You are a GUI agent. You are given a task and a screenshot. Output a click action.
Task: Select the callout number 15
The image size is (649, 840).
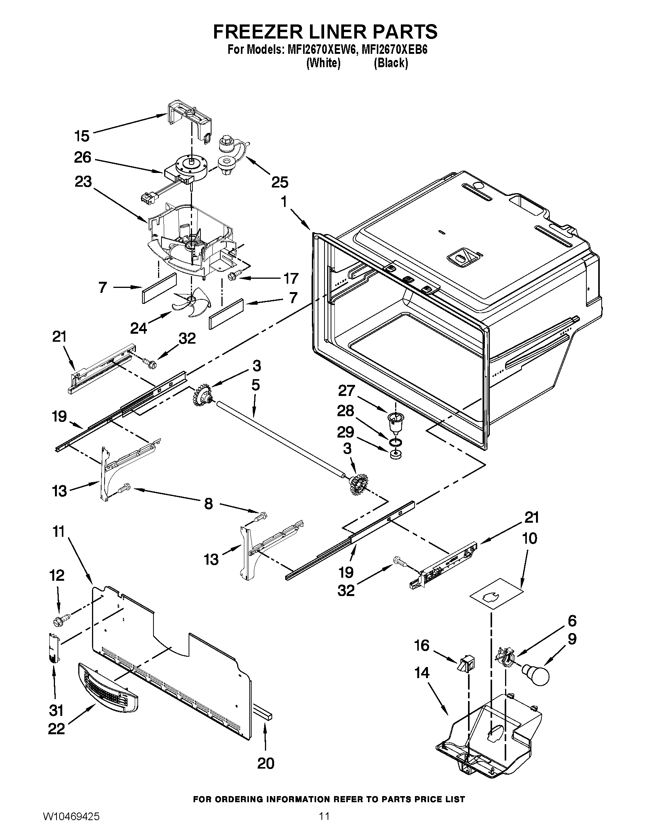tap(82, 136)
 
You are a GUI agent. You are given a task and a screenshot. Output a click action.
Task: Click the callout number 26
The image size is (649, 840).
tap(83, 157)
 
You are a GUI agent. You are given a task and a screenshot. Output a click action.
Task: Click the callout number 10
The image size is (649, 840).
tap(530, 538)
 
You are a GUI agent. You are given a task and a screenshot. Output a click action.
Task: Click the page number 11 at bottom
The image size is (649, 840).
tap(324, 824)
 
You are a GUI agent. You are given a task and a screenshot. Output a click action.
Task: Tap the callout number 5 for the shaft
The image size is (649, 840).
tap(256, 385)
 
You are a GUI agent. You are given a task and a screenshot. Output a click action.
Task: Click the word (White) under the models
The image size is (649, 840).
tap(323, 63)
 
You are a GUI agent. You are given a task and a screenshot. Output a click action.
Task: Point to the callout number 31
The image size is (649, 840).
tap(56, 710)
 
